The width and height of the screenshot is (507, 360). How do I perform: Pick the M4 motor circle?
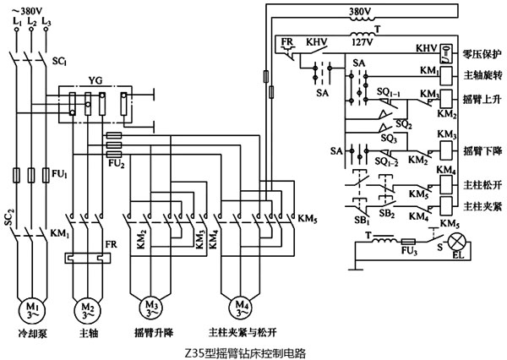240,305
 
